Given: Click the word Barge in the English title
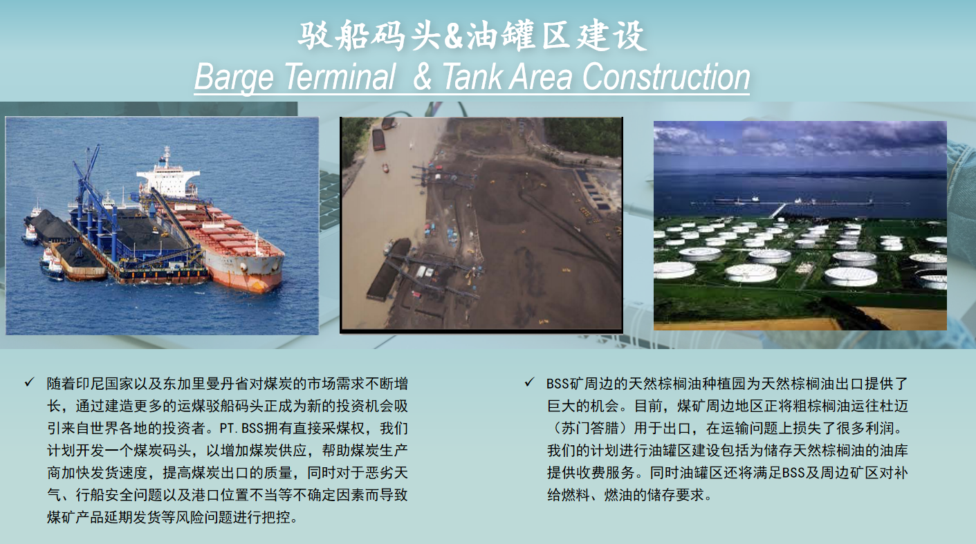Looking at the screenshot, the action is pos(234,77).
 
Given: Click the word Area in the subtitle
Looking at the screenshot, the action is pos(541,77).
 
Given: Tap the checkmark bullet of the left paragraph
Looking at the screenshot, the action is pos(29,382).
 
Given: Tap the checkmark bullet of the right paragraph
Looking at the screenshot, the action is pos(529,382).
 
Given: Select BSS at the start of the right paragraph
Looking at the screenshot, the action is pos(558,384).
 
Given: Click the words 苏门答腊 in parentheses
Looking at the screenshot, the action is pos(591,429).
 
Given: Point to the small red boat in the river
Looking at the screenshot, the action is pos(385,167).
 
